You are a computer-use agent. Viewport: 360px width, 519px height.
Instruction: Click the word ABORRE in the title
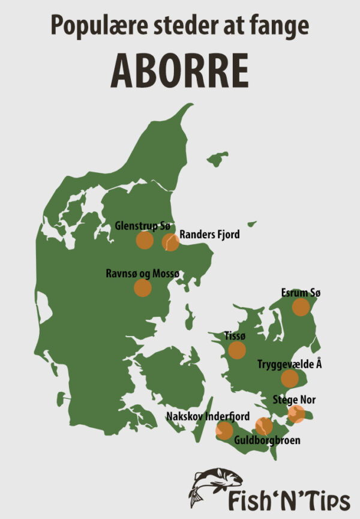point(179,71)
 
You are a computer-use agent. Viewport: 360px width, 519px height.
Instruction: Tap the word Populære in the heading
point(94,26)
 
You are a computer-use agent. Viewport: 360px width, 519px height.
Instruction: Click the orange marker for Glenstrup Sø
point(145,241)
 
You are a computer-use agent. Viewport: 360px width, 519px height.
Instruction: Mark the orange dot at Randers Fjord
point(170,242)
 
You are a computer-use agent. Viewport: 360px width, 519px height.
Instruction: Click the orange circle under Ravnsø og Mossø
point(142,288)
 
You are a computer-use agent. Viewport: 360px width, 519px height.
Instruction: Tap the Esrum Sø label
point(301,293)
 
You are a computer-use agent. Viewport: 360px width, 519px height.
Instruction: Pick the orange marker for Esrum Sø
point(301,308)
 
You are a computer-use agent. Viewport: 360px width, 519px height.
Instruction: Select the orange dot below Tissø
point(237,350)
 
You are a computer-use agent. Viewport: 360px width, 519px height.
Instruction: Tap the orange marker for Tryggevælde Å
point(290,378)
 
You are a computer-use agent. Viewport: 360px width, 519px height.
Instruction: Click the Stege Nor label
point(294,399)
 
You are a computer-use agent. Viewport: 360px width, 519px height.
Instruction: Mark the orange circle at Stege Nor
point(296,413)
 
